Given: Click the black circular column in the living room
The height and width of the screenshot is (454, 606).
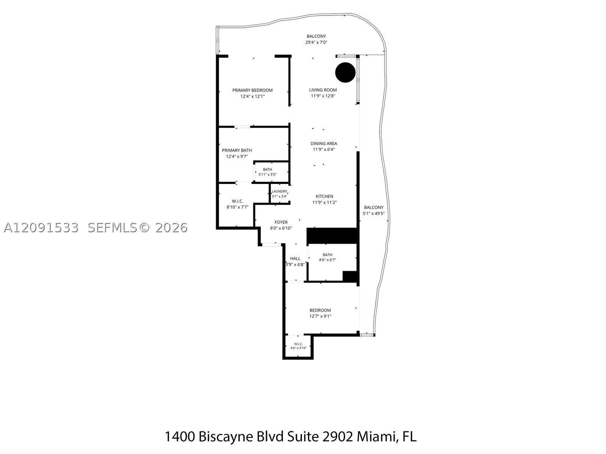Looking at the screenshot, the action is point(345,72).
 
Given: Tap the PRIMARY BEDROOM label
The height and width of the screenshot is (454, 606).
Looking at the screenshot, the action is point(252,90).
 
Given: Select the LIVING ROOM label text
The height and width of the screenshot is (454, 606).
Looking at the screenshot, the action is point(323,90).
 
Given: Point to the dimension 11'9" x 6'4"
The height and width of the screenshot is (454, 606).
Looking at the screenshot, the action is point(323,149).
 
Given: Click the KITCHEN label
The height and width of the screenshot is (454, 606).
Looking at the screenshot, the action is point(324,196).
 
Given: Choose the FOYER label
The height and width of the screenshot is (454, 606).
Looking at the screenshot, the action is point(281,222).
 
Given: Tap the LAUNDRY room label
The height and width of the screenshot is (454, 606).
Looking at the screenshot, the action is point(280,191).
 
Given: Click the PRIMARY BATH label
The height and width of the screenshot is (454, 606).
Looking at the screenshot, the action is point(237,150).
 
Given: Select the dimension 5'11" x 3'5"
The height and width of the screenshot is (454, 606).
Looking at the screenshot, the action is point(267,174).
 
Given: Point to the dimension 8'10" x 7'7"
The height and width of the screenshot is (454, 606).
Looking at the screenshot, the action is point(237,207).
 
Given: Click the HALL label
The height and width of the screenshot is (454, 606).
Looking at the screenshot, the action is point(295,258).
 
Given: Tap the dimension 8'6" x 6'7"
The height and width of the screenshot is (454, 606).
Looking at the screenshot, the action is point(328,260).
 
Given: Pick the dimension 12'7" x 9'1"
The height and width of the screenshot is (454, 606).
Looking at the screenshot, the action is point(320,316).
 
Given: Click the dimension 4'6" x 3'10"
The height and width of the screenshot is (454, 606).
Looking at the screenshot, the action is point(298,348).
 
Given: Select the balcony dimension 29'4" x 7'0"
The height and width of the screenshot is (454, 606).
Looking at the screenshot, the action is point(316,42).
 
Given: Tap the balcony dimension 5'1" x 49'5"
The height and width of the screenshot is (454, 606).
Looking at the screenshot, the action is point(373,213).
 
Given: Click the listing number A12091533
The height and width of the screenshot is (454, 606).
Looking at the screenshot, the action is point(41,228).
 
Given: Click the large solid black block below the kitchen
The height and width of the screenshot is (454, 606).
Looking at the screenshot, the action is point(333,236).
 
